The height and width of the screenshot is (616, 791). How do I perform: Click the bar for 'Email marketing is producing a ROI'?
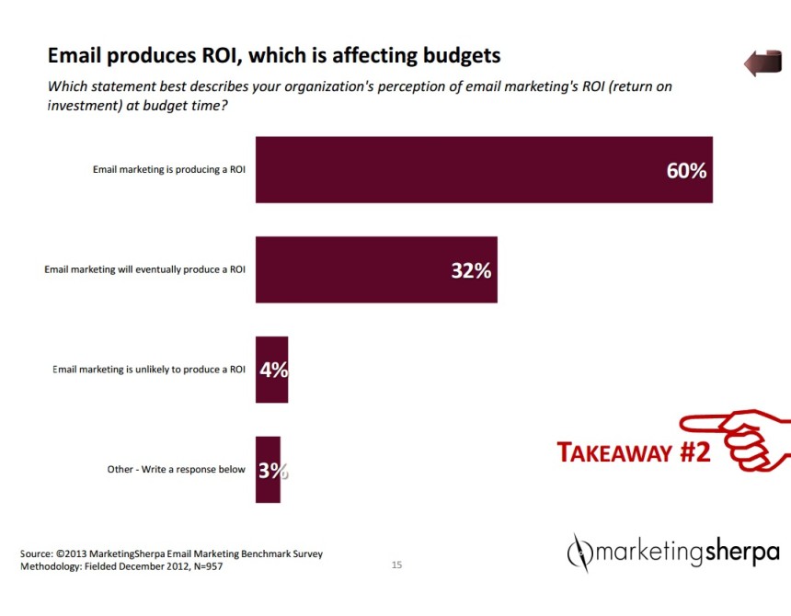(460, 169)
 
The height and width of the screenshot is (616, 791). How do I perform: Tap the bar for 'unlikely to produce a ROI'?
(267, 370)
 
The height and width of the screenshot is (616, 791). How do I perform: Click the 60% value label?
(686, 170)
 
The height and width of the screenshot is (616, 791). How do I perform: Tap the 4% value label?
(274, 370)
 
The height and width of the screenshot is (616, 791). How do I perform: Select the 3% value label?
(272, 471)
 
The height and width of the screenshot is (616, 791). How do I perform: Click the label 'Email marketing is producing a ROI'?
(168, 170)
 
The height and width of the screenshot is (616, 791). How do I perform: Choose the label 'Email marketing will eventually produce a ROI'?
(144, 269)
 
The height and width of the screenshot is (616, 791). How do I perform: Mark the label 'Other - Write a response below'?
(176, 470)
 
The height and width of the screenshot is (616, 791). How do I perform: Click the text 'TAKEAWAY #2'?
(635, 452)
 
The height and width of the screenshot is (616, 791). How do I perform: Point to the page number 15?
(397, 565)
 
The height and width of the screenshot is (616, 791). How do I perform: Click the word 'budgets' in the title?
(459, 55)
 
